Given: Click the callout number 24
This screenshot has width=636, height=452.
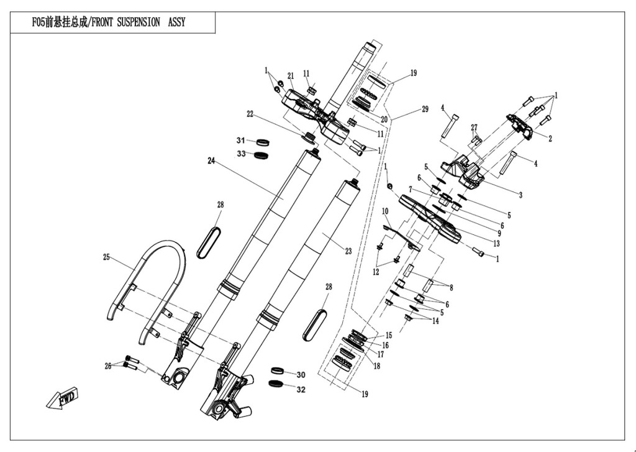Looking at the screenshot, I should [211, 160].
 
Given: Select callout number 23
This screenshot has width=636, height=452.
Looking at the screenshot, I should [348, 251].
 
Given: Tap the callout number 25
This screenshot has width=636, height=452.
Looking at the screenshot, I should [106, 256].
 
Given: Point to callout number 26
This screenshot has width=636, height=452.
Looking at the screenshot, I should [108, 366].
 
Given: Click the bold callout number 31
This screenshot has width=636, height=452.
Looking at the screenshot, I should [241, 140].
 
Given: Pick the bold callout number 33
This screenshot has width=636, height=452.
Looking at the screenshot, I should [241, 154].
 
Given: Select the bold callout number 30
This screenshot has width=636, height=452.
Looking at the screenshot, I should [301, 375].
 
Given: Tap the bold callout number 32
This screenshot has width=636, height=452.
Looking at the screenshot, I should [301, 390].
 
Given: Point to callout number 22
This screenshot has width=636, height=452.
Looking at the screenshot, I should [250, 114].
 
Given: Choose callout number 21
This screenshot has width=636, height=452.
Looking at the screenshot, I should [291, 76].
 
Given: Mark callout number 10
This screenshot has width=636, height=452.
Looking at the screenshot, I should [384, 211].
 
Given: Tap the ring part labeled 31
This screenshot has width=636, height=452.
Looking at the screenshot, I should [262, 142].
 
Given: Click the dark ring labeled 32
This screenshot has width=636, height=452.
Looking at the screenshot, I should [276, 383].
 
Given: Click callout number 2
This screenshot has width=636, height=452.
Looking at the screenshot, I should [550, 139].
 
